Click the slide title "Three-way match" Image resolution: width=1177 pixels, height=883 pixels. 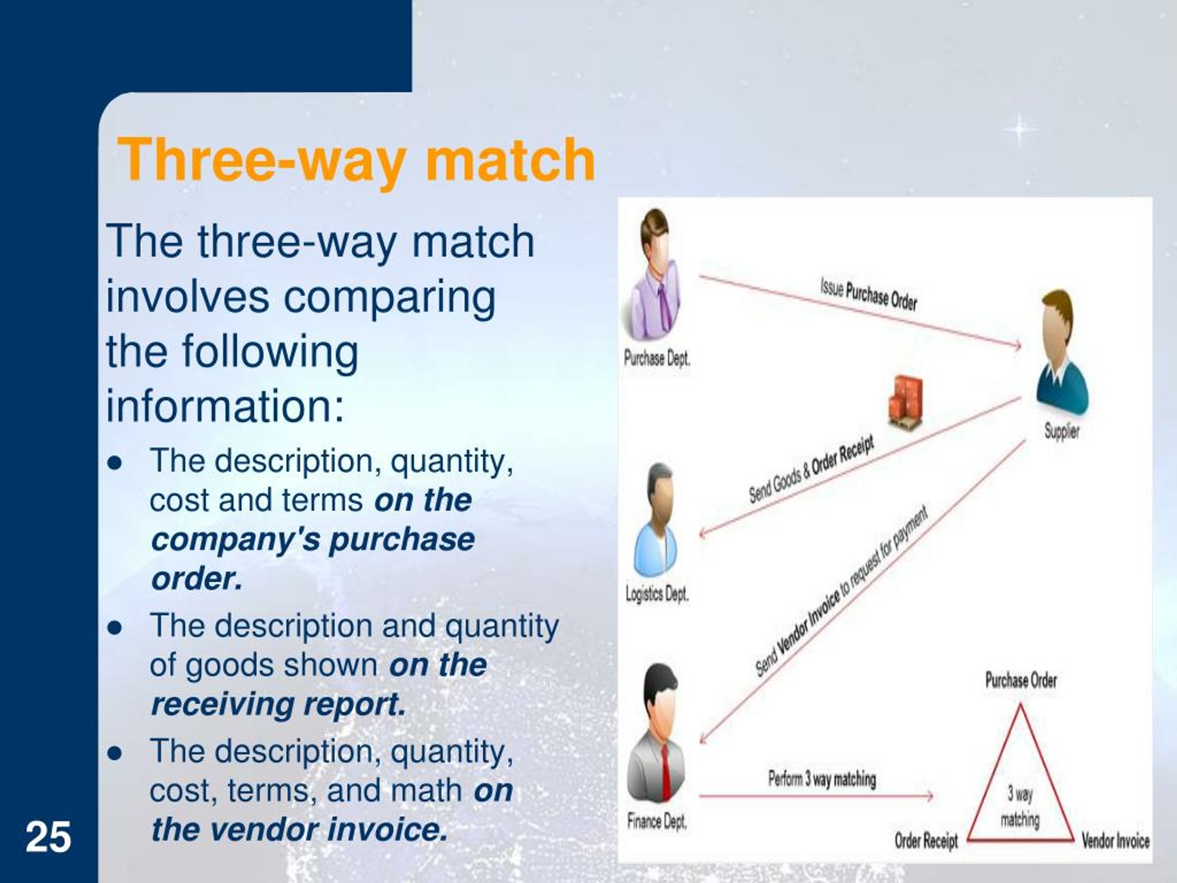pyautogui.click(x=355, y=159)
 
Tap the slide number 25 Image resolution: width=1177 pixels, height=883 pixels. pyautogui.click(x=48, y=837)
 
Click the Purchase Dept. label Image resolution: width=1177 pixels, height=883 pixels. pyautogui.click(x=657, y=359)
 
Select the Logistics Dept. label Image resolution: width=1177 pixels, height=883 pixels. pyautogui.click(x=657, y=593)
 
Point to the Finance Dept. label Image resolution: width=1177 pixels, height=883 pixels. pyautogui.click(x=657, y=821)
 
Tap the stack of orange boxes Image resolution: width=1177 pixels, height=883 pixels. pyautogui.click(x=905, y=400)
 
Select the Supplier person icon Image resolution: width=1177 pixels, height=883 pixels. pyautogui.click(x=1062, y=352)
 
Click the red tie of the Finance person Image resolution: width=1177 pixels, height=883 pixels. pyautogui.click(x=665, y=772)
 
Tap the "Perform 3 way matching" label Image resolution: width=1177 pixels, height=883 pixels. pyautogui.click(x=822, y=779)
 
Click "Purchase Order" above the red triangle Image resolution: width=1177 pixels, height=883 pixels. pyautogui.click(x=1021, y=680)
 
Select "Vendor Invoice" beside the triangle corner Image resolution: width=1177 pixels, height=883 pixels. pyautogui.click(x=1116, y=841)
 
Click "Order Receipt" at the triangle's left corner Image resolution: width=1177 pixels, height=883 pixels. pyautogui.click(x=926, y=841)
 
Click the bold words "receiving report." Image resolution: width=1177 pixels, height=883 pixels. pyautogui.click(x=279, y=704)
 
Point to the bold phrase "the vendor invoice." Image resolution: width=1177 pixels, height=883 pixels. pyautogui.click(x=300, y=829)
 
